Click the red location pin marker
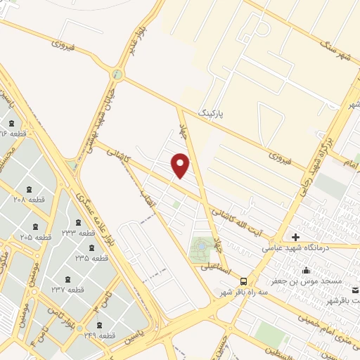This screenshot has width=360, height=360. pyautogui.click(x=181, y=166)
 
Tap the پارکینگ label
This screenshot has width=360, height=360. pyautogui.click(x=213, y=112)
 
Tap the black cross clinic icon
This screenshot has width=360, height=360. pyautogui.click(x=295, y=237)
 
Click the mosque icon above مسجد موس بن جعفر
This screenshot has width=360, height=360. pyautogui.click(x=306, y=271)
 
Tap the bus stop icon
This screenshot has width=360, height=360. pyautogui.click(x=243, y=279)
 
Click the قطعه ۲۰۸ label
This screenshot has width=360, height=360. pyautogui.click(x=29, y=200)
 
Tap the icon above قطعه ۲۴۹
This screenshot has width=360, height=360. pyautogui.click(x=98, y=325)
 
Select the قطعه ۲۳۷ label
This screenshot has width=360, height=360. pyautogui.click(x=67, y=289)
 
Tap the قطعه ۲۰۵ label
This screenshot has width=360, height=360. pyautogui.click(x=35, y=238)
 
